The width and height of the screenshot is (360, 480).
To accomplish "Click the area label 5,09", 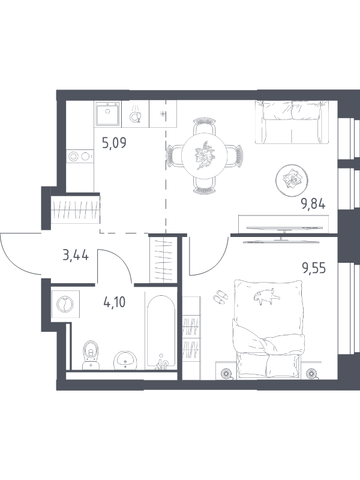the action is click(x=114, y=143).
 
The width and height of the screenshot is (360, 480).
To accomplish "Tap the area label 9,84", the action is click(x=313, y=203).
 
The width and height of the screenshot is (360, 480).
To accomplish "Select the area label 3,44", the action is click(x=76, y=254).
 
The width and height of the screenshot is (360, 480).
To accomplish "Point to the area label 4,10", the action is click(x=114, y=302).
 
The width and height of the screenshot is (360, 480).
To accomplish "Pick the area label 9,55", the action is click(x=313, y=268).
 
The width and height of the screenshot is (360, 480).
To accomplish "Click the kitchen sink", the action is click(x=107, y=113).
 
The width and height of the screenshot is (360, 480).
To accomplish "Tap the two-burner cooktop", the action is click(x=80, y=157).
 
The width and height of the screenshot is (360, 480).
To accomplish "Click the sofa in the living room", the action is click(x=292, y=122).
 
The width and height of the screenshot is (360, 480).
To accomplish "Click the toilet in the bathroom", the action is click(x=91, y=355).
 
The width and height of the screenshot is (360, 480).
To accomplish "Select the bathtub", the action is click(x=161, y=332).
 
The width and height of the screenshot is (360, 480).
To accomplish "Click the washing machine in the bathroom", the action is click(x=65, y=305).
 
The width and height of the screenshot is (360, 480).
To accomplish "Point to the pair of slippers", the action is click(x=220, y=296).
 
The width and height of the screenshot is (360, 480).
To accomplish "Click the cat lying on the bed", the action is click(x=265, y=296).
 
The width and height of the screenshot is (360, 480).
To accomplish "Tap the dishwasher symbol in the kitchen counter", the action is click(x=136, y=114).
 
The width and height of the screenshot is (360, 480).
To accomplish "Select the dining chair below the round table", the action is click(x=204, y=187).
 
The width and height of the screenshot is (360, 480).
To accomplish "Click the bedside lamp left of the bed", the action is click(x=227, y=373).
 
